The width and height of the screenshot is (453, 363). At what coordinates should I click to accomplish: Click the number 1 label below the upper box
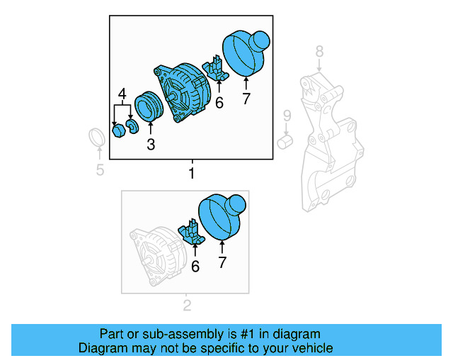coord(191,174)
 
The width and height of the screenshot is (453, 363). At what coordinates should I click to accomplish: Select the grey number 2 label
coord(188,306)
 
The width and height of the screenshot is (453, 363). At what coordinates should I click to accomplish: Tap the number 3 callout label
coord(151,145)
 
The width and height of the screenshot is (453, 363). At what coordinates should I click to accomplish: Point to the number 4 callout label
coord(122,94)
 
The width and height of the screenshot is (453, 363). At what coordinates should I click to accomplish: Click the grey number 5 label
coord(100,169)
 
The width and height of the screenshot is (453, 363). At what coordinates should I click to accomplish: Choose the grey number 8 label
coord(319,51)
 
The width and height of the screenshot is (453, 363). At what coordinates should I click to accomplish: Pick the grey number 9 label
coord(287,115)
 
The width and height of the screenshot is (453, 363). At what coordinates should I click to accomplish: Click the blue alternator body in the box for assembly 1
coord(182,90)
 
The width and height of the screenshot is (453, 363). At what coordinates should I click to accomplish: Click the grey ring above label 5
coord(98,140)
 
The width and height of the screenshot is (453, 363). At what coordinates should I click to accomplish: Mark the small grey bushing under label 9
coord(285,142)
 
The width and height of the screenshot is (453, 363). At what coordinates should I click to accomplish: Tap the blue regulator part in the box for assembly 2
coord(192,233)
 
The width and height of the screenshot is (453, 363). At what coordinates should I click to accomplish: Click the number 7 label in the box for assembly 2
coord(222,264)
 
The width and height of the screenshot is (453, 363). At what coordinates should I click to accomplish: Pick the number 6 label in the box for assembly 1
coord(219,104)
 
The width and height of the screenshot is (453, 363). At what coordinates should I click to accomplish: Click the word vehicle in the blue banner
coord(310,348)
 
